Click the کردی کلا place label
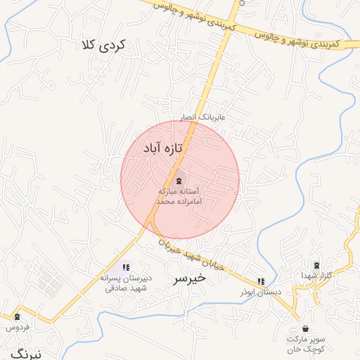point(103,46)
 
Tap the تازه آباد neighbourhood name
point(163,148)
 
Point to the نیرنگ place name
point(27,354)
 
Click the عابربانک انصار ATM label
point(203,117)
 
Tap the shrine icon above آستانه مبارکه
point(178,180)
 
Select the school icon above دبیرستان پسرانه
point(126,267)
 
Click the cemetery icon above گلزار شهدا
point(316,264)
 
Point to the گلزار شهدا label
point(315,275)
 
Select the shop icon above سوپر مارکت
point(304,328)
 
